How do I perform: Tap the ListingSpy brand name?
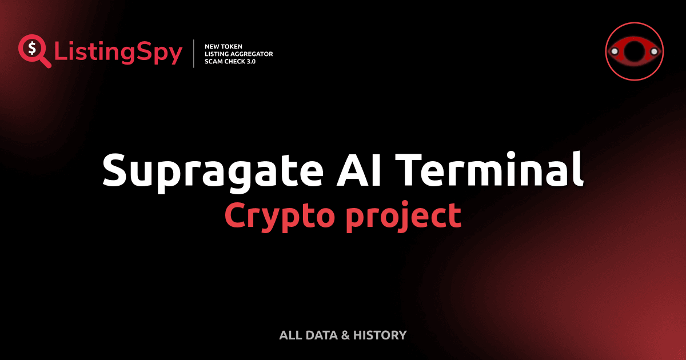(x=118, y=53)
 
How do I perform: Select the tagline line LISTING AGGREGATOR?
(x=238, y=54)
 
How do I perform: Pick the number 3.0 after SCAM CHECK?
(x=250, y=61)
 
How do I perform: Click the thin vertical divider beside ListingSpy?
(x=194, y=54)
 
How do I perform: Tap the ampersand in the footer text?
(x=345, y=335)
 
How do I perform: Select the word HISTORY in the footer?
(x=380, y=335)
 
